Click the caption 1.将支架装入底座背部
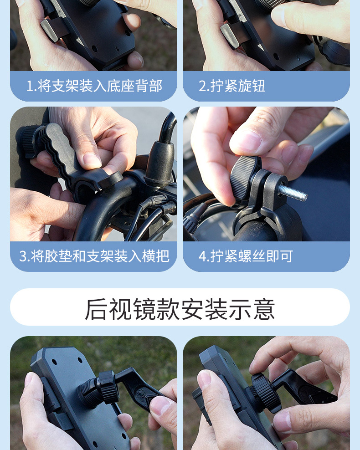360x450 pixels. pyautogui.click(x=94, y=86)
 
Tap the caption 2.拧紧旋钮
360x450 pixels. pyautogui.click(x=232, y=86)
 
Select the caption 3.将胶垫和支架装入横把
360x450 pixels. pyautogui.click(x=94, y=256)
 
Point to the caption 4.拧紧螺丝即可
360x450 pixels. pyautogui.click(x=246, y=256)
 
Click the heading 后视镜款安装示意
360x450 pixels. pyautogui.click(x=180, y=309)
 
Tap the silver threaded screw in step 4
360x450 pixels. pyautogui.click(x=293, y=194)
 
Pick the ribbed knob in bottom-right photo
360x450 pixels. pyautogui.click(x=264, y=391)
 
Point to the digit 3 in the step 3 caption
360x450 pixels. pyautogui.click(x=23, y=256)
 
